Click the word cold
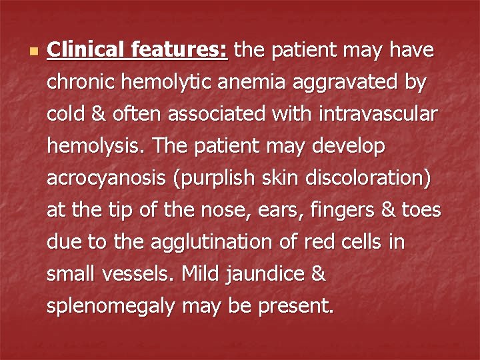pyautogui.click(x=65, y=114)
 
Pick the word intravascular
pyautogui.click(x=372, y=114)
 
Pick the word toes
pyautogui.click(x=421, y=210)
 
